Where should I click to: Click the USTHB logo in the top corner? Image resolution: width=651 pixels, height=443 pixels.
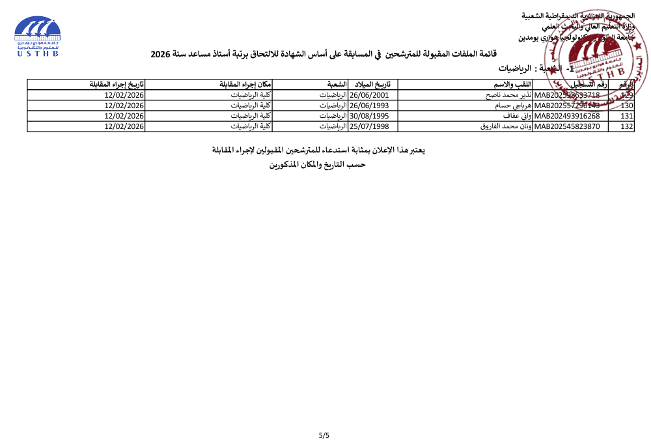[x=37, y=36]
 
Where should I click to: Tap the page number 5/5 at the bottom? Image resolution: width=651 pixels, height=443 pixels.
[x=324, y=435]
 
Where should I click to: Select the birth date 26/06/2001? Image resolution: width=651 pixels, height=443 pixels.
[x=370, y=95]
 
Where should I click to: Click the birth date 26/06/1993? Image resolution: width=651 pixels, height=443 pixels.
[x=370, y=106]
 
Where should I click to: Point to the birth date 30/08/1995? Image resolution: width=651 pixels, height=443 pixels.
[x=370, y=116]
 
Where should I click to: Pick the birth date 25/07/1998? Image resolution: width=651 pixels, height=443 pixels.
[x=370, y=126]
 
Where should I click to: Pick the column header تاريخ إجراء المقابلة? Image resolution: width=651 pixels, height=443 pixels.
[x=117, y=85]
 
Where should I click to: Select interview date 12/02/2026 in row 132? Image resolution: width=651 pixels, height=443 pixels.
[x=124, y=126]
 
